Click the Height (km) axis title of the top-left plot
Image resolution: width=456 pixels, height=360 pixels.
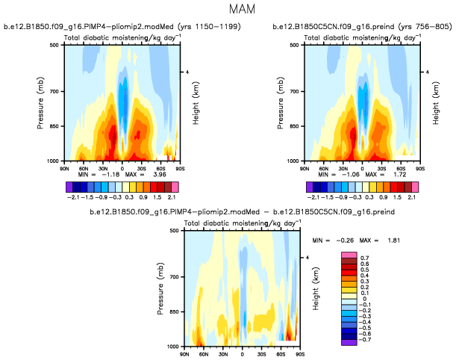[196, 103]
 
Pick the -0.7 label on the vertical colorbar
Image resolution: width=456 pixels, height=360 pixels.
[363, 340]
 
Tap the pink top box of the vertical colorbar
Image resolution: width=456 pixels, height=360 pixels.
[348, 255]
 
